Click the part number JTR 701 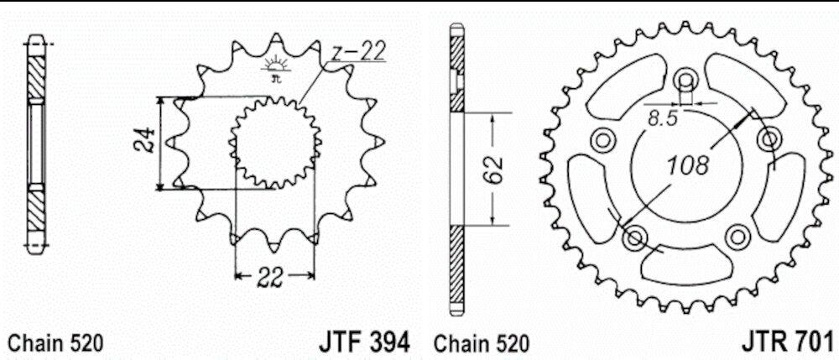[788, 340]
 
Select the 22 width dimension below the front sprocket [269, 277]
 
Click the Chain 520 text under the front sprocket [56, 344]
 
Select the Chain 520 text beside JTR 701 [481, 344]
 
